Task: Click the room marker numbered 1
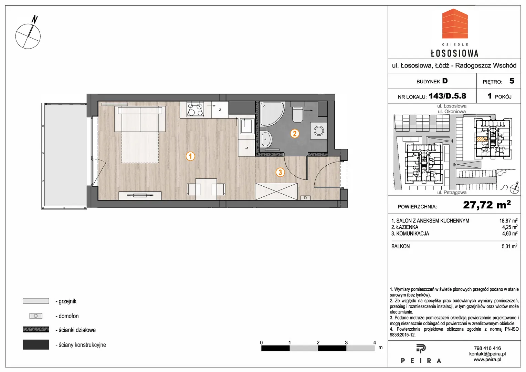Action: (x=190, y=156)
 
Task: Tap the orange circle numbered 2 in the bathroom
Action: (x=294, y=134)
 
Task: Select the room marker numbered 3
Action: (x=280, y=172)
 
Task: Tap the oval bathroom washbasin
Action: (x=266, y=139)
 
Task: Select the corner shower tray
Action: (x=272, y=114)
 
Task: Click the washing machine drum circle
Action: (x=319, y=131)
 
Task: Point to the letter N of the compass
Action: (x=35, y=19)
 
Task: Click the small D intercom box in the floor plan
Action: (x=305, y=198)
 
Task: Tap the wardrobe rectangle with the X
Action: (x=276, y=192)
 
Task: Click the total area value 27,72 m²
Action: (x=487, y=205)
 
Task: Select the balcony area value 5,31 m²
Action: (x=509, y=246)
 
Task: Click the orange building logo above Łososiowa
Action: (x=455, y=23)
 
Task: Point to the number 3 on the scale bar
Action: (x=346, y=342)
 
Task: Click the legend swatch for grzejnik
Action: (x=36, y=301)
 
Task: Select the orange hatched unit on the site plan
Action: (x=482, y=139)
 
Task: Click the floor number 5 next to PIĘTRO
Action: (x=512, y=81)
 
